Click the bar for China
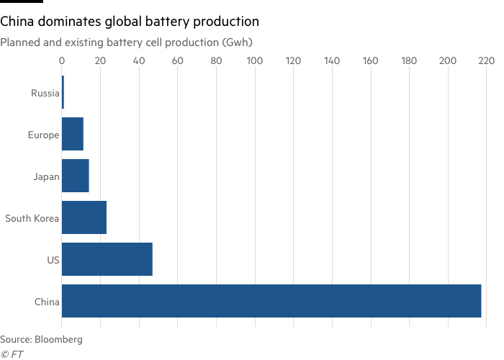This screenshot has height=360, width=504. click(x=271, y=301)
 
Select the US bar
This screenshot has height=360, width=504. click(x=107, y=259)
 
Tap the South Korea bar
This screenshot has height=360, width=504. click(x=84, y=217)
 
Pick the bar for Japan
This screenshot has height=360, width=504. click(x=76, y=176)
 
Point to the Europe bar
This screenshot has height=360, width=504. click(x=73, y=134)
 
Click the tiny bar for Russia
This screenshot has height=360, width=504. click(x=63, y=92)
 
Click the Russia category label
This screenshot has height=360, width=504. click(x=45, y=92)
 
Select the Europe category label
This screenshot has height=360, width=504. click(x=43, y=134)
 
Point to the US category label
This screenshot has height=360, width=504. click(x=53, y=259)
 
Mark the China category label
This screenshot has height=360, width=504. click(x=47, y=301)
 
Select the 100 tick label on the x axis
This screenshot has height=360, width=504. click(x=255, y=61)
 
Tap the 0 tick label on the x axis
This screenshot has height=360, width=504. click(x=62, y=61)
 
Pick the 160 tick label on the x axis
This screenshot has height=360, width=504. click(x=370, y=61)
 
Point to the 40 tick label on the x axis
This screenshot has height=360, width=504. click(x=139, y=61)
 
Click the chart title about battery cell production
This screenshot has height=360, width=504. click(x=126, y=42)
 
